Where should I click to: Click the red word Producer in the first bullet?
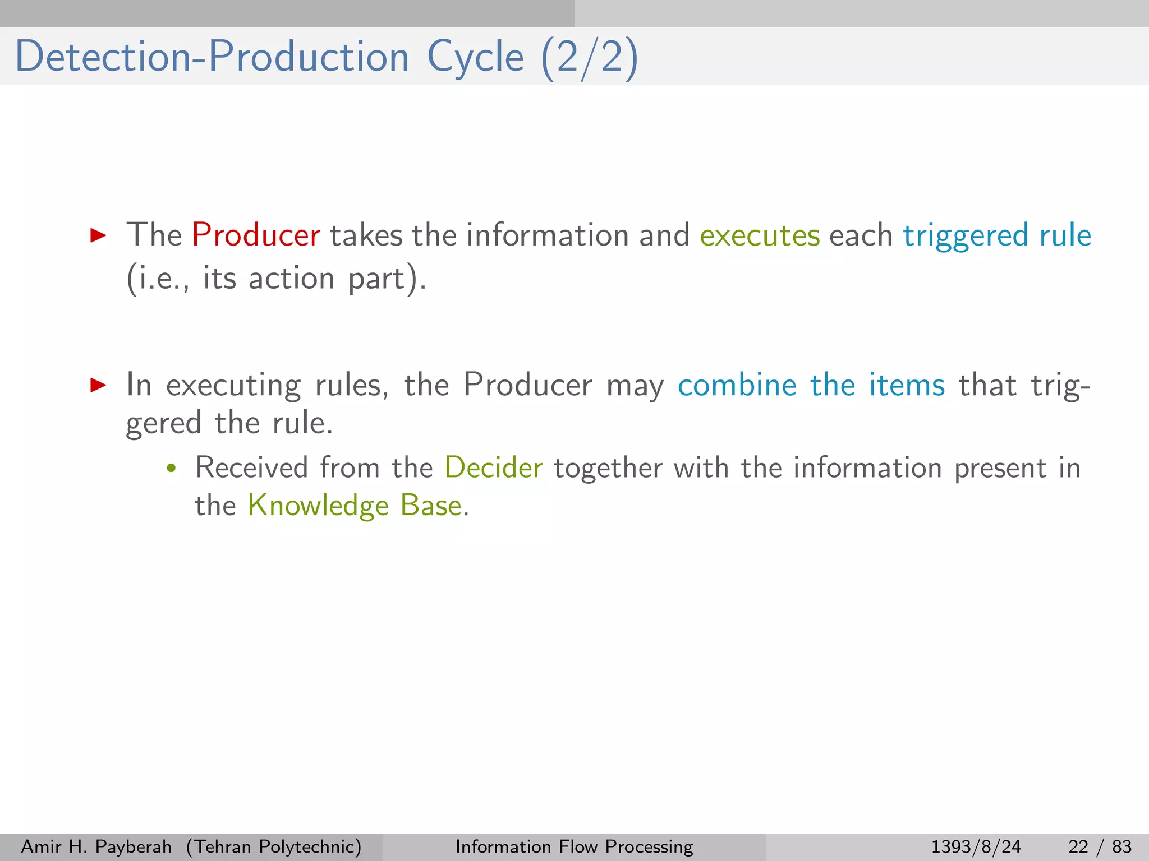click(256, 235)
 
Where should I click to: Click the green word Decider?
click(494, 467)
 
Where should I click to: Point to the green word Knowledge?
click(318, 506)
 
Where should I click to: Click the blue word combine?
click(737, 385)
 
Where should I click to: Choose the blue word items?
click(907, 385)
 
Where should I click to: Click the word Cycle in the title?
click(475, 57)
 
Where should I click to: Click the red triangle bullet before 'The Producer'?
click(98, 235)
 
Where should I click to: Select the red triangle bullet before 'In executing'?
click(98, 385)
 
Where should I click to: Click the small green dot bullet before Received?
click(172, 469)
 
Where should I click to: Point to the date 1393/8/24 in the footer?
click(976, 846)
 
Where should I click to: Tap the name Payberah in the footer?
click(134, 846)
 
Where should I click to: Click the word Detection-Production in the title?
click(212, 57)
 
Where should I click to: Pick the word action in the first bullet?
click(291, 278)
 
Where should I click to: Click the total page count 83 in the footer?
click(1122, 846)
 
